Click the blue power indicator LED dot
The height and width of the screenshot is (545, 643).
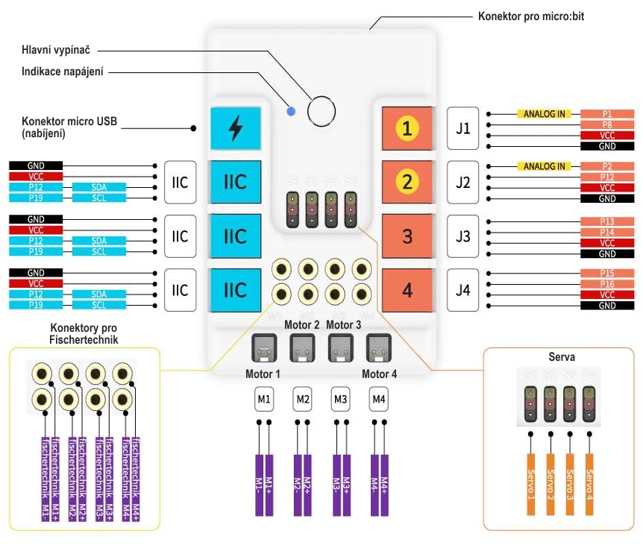(291, 112)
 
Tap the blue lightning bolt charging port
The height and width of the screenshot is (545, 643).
(235, 127)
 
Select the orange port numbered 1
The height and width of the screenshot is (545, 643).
(407, 128)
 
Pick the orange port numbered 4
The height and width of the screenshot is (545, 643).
(407, 290)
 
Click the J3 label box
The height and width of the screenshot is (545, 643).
(463, 236)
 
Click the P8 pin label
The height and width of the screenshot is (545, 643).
(607, 125)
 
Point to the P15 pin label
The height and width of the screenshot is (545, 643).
(607, 274)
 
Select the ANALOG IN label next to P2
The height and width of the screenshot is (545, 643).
(544, 166)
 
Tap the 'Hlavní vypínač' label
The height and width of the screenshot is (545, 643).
(57, 51)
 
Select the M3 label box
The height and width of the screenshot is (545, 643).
(341, 400)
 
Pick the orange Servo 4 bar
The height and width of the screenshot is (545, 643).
(589, 485)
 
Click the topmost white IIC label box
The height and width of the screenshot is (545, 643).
(180, 182)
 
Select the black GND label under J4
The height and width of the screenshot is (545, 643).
(607, 306)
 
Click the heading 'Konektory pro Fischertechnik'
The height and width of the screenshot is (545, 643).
(83, 333)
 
